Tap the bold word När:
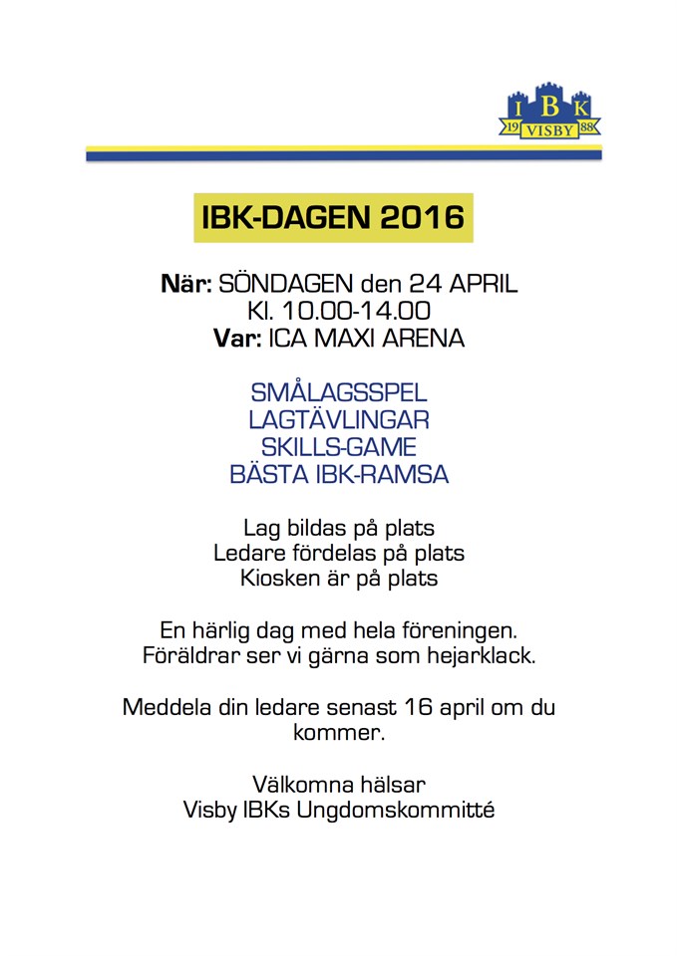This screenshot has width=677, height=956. pyautogui.click(x=186, y=285)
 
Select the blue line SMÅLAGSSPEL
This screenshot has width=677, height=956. pyautogui.click(x=339, y=392)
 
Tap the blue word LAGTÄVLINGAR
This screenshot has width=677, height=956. pyautogui.click(x=339, y=419)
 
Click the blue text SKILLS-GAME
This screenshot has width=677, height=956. pyautogui.click(x=339, y=446)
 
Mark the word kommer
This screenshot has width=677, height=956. pyautogui.click(x=339, y=735)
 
